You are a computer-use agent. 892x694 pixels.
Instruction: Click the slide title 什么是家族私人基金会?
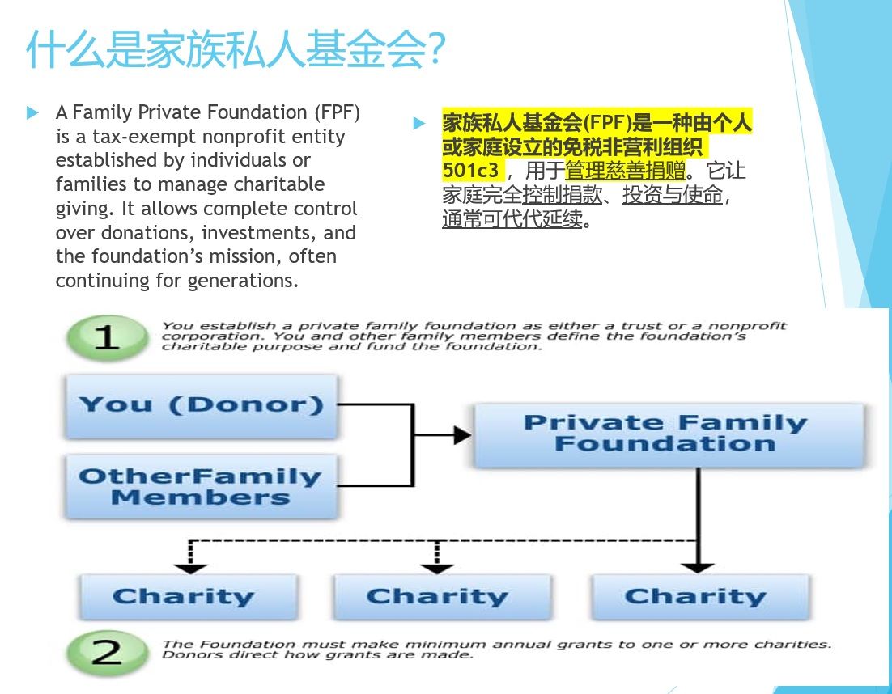[235, 50]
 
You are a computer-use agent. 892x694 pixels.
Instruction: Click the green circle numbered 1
[106, 336]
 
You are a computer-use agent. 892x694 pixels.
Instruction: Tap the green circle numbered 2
[106, 653]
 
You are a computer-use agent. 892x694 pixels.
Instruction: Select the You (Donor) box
[201, 405]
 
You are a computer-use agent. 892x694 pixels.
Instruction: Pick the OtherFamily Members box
[201, 487]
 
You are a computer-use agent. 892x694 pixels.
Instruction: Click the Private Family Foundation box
[665, 434]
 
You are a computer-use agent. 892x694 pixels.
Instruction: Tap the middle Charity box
[437, 598]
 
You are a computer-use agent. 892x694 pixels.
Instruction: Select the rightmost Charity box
[695, 598]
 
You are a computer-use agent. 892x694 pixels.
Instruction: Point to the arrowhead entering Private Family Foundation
[462, 435]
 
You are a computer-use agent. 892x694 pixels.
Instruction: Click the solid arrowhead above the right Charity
[698, 566]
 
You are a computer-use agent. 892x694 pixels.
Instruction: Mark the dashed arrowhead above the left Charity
[189, 567]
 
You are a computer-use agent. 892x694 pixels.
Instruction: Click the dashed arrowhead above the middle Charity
[437, 567]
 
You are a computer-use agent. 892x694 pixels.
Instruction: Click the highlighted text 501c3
[471, 171]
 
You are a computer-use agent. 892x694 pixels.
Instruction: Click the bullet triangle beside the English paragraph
[32, 112]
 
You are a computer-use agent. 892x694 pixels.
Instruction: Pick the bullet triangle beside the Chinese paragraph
[418, 123]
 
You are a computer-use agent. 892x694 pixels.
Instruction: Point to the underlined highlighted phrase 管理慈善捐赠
[625, 171]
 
